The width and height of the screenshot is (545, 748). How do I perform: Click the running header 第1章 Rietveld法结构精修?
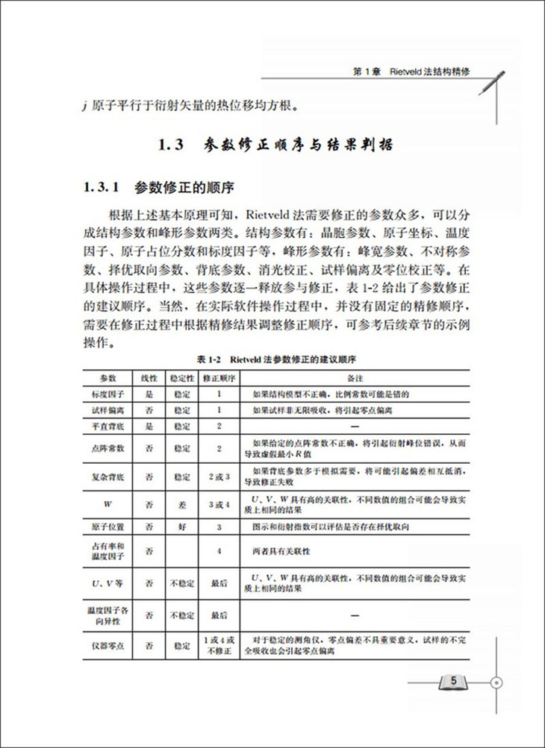tap(415, 73)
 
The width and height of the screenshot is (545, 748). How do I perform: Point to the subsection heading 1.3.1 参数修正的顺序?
tap(161, 186)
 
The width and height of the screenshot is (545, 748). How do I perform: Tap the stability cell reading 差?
tap(182, 505)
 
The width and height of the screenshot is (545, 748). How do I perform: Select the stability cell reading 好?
tap(182, 527)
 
